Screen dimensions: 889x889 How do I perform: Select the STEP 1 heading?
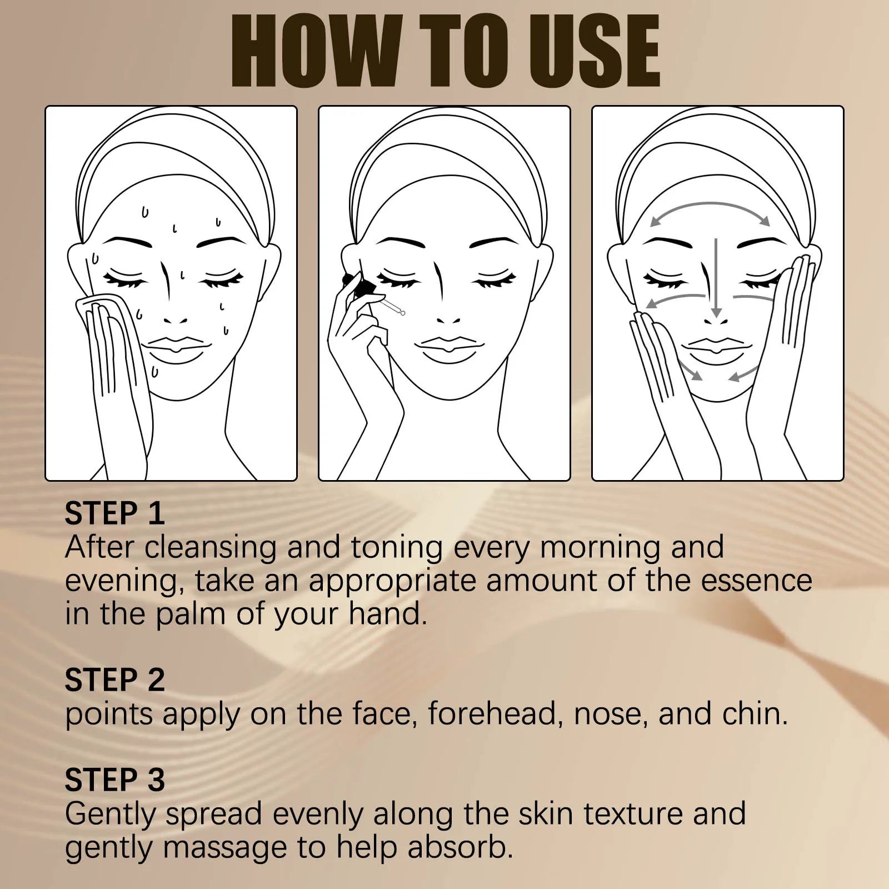(x=114, y=513)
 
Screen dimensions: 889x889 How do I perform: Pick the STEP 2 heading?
(x=114, y=680)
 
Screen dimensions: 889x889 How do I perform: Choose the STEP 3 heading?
(x=114, y=780)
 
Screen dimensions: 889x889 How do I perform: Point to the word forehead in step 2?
(x=492, y=714)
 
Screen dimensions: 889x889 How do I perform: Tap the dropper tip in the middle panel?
(x=402, y=313)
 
